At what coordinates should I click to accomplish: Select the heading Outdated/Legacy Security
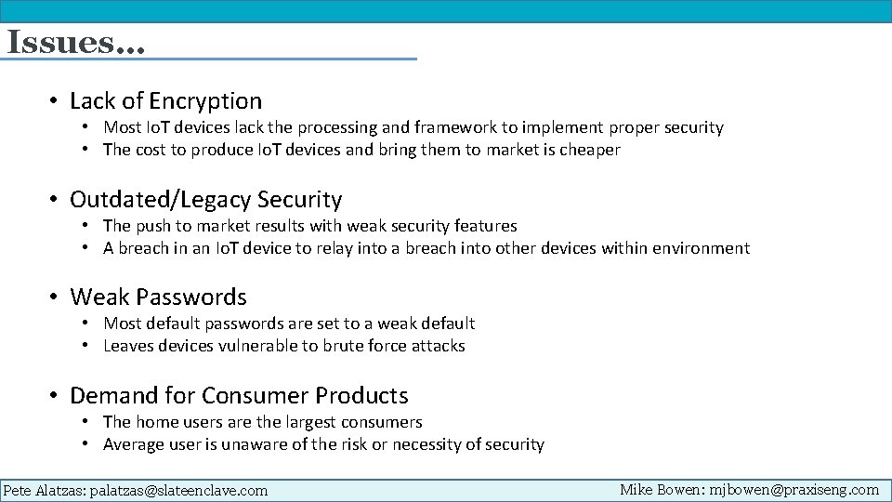(x=206, y=199)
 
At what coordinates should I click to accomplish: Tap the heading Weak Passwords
(x=158, y=297)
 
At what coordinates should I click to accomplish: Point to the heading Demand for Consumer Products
(x=239, y=395)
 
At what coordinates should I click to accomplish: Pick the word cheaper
(x=589, y=150)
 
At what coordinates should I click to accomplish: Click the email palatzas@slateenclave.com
(x=178, y=490)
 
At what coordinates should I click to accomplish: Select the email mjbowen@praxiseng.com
(x=794, y=489)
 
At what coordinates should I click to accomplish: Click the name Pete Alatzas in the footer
(x=44, y=490)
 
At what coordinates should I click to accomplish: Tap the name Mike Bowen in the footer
(x=660, y=489)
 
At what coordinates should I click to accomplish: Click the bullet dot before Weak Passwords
(x=57, y=297)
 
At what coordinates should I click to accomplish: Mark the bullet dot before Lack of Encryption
(x=57, y=101)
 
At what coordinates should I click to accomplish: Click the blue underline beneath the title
(x=209, y=59)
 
